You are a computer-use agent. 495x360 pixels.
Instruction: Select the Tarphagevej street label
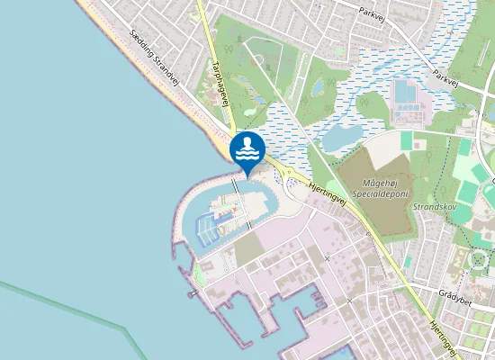(222, 84)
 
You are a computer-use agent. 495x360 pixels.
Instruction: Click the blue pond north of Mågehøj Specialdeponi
(341, 138)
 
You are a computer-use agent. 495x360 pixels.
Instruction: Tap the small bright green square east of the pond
(407, 140)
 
